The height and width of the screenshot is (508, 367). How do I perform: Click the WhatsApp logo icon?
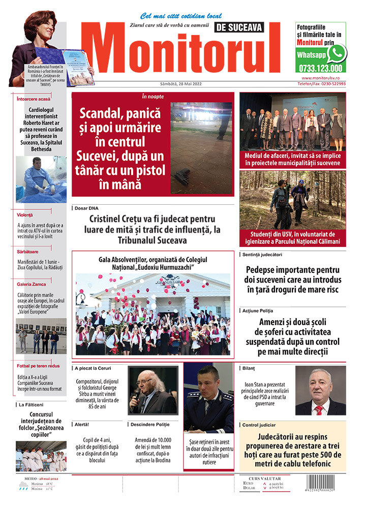336,53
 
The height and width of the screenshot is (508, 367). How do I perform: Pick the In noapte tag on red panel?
152,96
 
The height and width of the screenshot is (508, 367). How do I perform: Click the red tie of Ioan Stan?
319,409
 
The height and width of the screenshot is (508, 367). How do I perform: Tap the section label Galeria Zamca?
32,284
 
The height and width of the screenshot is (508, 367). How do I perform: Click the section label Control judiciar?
259,425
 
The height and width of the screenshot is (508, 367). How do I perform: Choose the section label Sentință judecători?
262,254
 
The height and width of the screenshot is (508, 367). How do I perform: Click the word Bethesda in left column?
41,149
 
